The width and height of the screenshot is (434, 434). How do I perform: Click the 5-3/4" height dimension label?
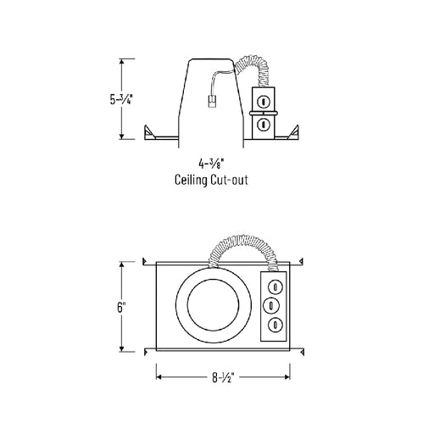[x=121, y=99]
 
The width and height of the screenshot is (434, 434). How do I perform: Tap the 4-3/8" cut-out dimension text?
[x=211, y=164]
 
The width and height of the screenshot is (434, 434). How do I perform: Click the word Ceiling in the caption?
[x=191, y=180]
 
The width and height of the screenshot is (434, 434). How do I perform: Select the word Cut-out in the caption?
[x=230, y=180]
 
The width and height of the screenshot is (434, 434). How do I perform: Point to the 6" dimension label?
[x=121, y=307]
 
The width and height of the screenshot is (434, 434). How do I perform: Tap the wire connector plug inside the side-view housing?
[x=211, y=101]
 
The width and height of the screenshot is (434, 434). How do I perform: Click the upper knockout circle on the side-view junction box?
[x=263, y=102]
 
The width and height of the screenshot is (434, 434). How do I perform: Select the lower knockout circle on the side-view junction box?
[x=263, y=125]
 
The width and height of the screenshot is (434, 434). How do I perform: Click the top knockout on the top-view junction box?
[x=275, y=287]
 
